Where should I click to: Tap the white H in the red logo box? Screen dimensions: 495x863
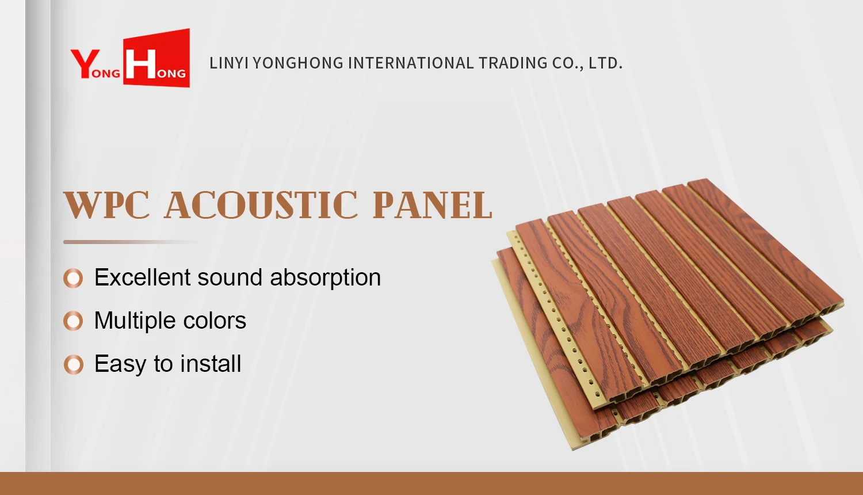point(140,64)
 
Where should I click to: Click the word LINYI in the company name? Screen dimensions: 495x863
point(228,63)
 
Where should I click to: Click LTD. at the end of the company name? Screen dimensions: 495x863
point(605,63)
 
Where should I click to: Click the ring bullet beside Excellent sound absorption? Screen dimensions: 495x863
point(73,278)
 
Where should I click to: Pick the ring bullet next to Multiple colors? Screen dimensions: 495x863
point(73,321)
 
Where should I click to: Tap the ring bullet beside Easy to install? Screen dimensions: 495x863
point(73,364)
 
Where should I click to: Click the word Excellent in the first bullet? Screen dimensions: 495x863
point(142,277)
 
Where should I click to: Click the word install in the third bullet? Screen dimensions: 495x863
point(211,364)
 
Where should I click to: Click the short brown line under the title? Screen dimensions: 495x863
point(130,242)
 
